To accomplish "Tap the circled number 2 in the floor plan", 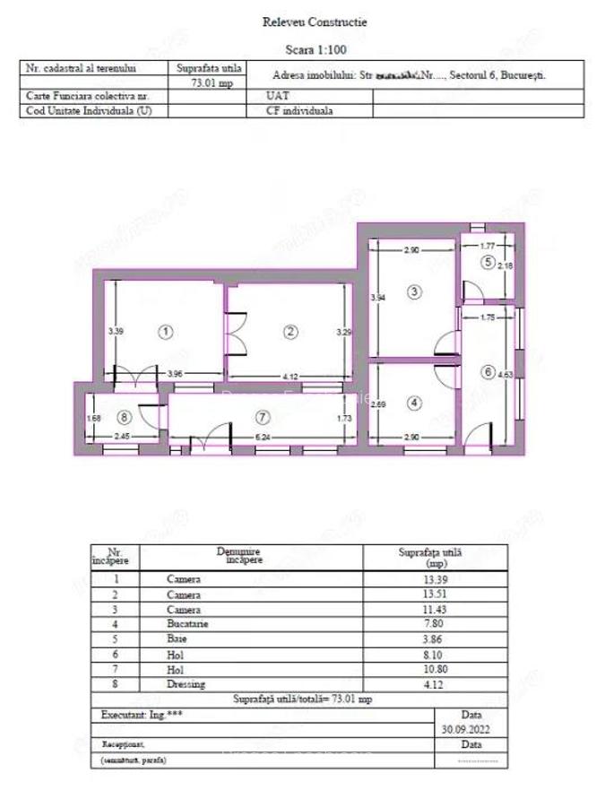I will pyautogui.click(x=289, y=332).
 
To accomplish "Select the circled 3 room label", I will pyautogui.click(x=413, y=291).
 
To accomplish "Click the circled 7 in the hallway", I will pyautogui.click(x=262, y=417).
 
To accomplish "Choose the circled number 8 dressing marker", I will pyautogui.click(x=124, y=417).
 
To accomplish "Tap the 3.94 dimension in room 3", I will pyautogui.click(x=377, y=298).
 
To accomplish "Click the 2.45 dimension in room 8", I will pyautogui.click(x=123, y=437).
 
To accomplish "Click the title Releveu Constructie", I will pyautogui.click(x=301, y=22).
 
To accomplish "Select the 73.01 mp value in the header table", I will pyautogui.click(x=209, y=82).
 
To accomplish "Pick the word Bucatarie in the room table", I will pyautogui.click(x=187, y=623).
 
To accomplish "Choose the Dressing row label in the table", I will pyautogui.click(x=186, y=684).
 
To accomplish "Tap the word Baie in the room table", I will pyautogui.click(x=177, y=638).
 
